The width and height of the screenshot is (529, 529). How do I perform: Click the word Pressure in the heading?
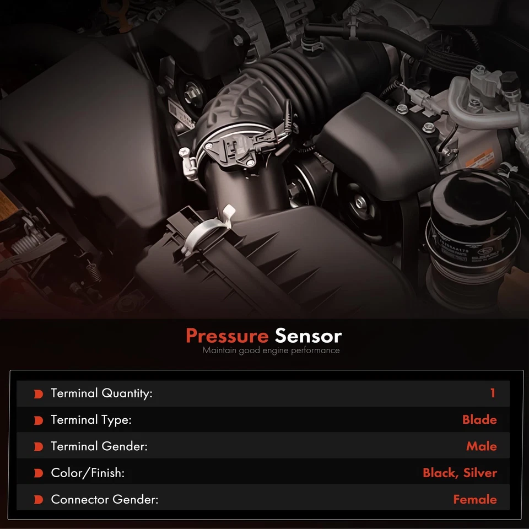[x=226, y=336]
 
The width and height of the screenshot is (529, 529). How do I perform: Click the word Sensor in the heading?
[x=308, y=336]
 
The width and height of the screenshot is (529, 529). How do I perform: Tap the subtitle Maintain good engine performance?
[x=271, y=350]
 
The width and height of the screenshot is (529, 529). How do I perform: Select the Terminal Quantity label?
[x=101, y=393]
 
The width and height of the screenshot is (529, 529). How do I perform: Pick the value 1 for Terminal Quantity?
[x=492, y=393]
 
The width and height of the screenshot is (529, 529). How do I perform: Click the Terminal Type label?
[x=91, y=420]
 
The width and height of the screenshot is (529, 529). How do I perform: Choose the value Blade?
[x=479, y=420]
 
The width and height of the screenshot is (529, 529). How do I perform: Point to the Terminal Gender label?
[x=99, y=446]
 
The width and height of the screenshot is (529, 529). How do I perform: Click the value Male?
[x=481, y=446]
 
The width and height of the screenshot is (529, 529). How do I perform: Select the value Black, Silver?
[x=460, y=473]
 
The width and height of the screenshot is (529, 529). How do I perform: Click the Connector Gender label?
[x=104, y=499]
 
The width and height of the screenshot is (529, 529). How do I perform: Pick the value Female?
[x=474, y=499]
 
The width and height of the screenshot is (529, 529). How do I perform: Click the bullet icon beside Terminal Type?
[x=39, y=420]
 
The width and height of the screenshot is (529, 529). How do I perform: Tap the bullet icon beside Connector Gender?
[x=39, y=500]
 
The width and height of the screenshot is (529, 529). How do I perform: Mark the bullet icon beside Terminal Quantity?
[x=39, y=394]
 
